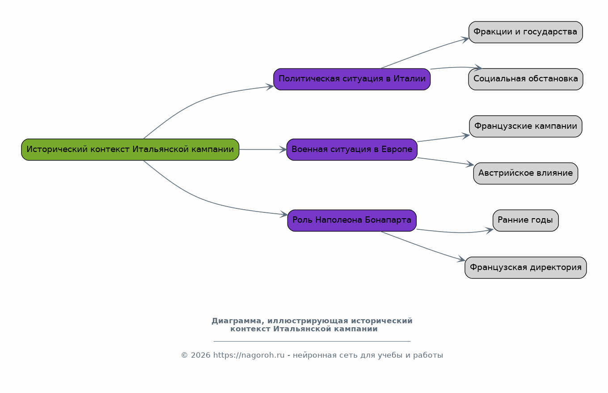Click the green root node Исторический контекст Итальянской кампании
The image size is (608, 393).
click(x=130, y=149)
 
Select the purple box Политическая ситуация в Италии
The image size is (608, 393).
click(x=352, y=79)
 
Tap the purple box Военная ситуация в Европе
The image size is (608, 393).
click(x=352, y=149)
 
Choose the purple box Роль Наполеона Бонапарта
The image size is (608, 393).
click(x=352, y=220)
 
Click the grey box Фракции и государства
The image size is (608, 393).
click(x=525, y=32)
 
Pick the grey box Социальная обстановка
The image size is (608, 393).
click(x=525, y=79)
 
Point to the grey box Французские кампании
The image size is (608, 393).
click(x=525, y=126)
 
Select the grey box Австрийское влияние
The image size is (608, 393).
click(x=525, y=173)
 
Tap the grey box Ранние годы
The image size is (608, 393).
click(x=525, y=220)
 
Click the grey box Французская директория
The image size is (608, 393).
click(x=525, y=268)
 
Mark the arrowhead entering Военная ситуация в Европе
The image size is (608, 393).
click(x=283, y=149)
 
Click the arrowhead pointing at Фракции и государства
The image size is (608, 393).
click(x=466, y=40)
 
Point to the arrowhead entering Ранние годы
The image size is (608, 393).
click(x=490, y=231)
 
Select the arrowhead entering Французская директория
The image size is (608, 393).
click(x=462, y=259)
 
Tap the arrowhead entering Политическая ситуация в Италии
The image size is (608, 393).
click(x=270, y=87)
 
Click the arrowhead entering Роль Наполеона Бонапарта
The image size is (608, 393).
click(x=284, y=214)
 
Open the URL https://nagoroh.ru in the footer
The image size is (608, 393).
click(x=249, y=355)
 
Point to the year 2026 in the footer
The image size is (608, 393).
click(x=201, y=355)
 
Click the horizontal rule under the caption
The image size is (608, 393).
click(x=312, y=341)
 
